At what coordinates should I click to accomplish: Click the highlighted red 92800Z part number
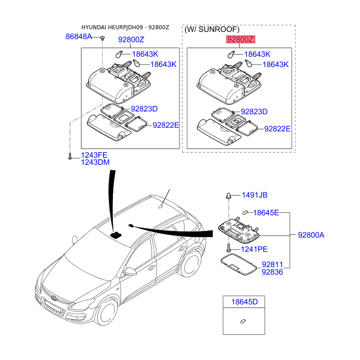pos(241,40)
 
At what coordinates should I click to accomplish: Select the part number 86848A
pos(79,36)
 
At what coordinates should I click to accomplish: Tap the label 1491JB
pos(254,195)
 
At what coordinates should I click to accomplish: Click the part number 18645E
pos(266,212)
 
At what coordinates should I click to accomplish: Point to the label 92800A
pos(311,234)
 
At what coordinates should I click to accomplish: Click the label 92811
pos(273,265)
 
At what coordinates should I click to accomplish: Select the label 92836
pos(273,272)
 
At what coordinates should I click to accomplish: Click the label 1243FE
pos(94,155)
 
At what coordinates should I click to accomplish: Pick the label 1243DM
pos(95,162)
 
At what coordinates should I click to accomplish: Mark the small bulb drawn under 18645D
pos(243,321)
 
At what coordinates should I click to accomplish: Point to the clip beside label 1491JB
pos(229,196)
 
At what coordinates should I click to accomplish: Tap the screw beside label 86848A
pos(103,37)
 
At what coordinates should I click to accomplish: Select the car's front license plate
pos(53,309)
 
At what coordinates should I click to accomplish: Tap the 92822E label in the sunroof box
pos(278,129)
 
